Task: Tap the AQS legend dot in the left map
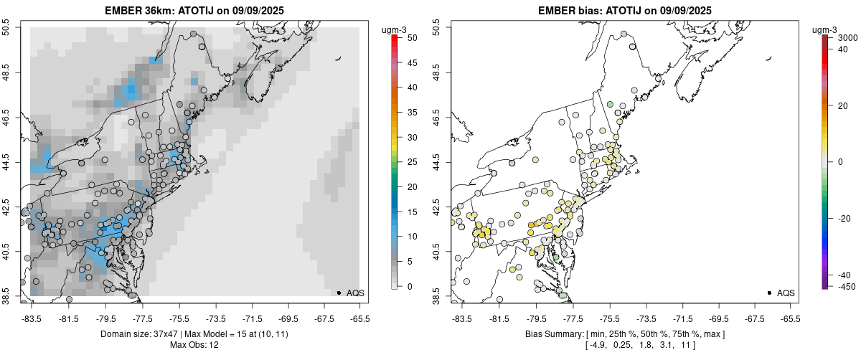coord(338,293)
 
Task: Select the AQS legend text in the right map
coord(786,293)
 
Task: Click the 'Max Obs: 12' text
coord(194,345)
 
